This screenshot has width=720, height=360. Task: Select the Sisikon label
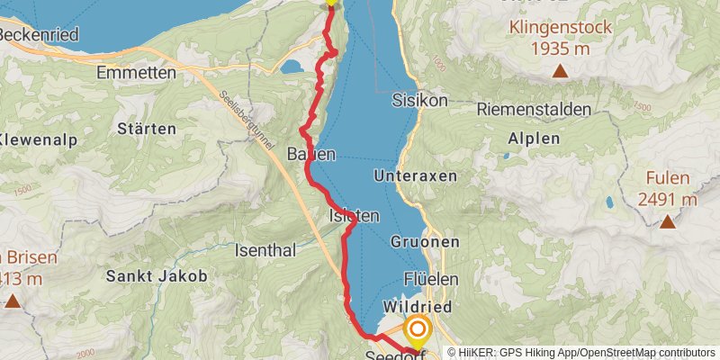(x=419, y=100)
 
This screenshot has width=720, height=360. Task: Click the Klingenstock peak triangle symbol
(x=560, y=71)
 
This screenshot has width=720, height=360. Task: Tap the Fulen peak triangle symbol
(x=667, y=221)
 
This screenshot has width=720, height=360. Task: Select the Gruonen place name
(x=426, y=242)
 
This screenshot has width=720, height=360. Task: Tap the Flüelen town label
(x=431, y=279)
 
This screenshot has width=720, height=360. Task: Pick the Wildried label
(x=417, y=307)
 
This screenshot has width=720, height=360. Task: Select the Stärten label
(x=146, y=129)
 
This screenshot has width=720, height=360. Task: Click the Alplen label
(x=534, y=139)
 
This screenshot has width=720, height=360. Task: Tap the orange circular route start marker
(x=417, y=329)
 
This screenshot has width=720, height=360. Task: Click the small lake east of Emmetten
(x=292, y=67)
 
